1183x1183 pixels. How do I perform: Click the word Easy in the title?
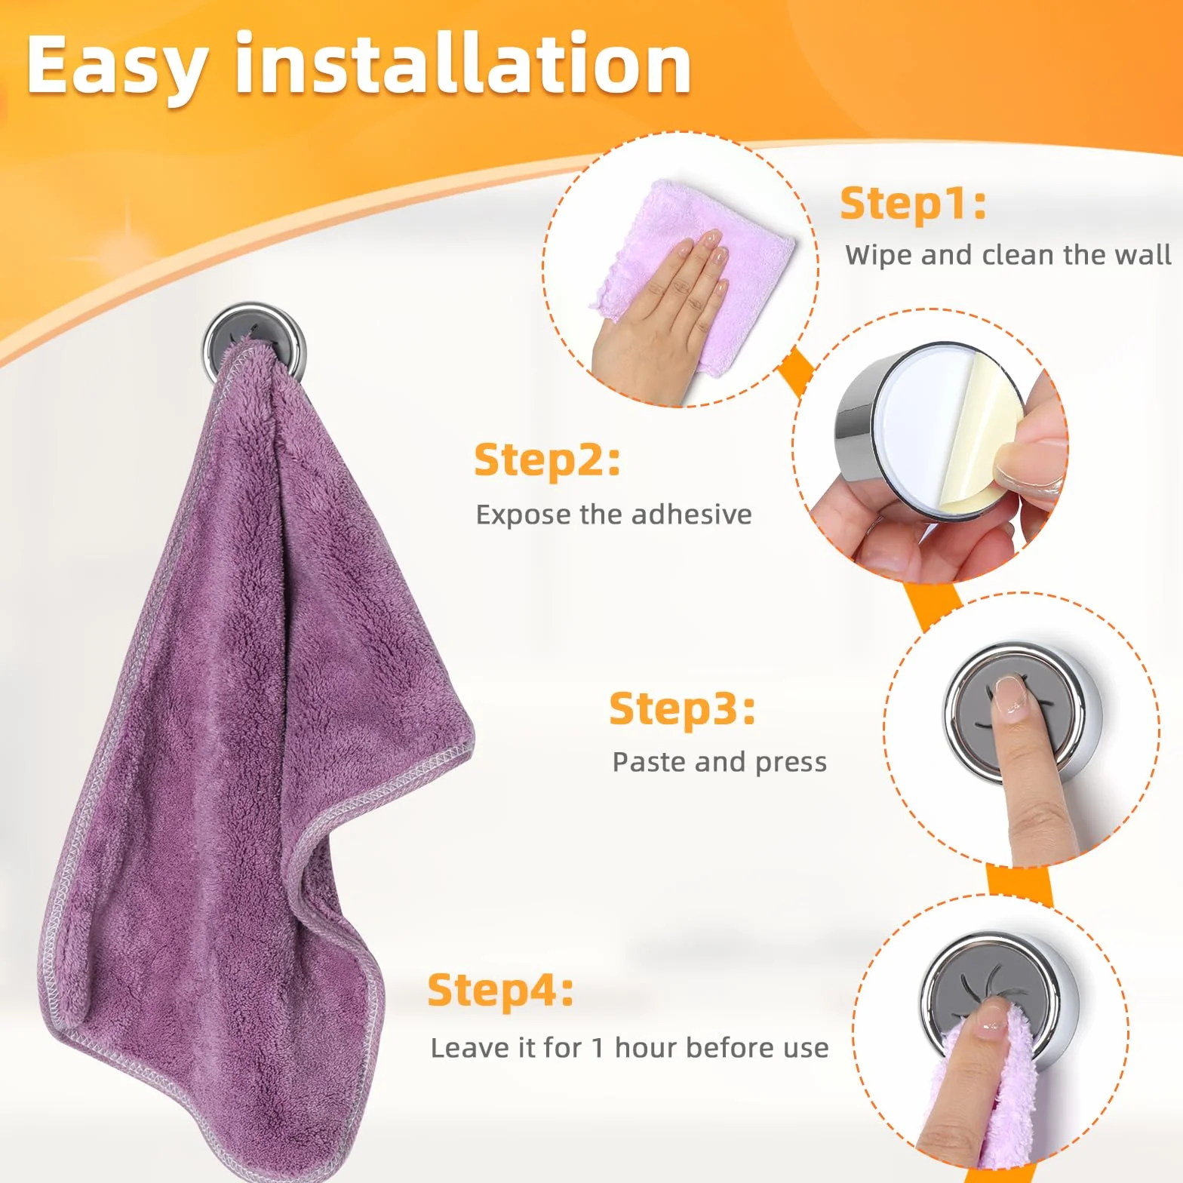pyautogui.click(x=117, y=66)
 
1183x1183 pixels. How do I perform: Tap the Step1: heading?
pyautogui.click(x=913, y=204)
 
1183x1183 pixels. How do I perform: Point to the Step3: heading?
pyautogui.click(x=682, y=709)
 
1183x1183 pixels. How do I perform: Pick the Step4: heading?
pyautogui.click(x=500, y=991)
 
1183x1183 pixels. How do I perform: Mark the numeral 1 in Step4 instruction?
pyautogui.click(x=598, y=1048)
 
